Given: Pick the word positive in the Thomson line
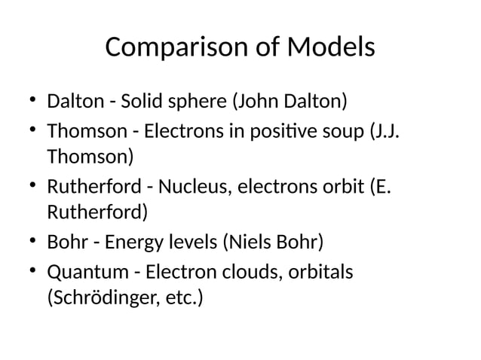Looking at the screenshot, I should pos(286,130).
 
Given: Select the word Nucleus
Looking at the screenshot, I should pos(190,185).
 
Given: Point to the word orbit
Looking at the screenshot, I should pos(339,185).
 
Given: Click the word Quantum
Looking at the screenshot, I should pos(85,270).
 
